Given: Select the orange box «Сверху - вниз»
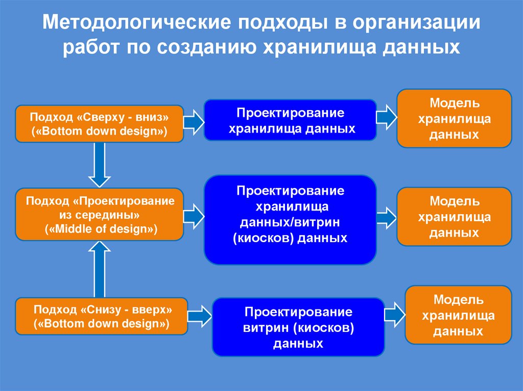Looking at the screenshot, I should [99, 123].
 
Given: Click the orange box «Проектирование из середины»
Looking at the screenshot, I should [99, 214].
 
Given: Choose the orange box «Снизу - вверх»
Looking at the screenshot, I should [102, 316].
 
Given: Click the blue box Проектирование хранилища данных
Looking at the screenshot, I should [290, 120].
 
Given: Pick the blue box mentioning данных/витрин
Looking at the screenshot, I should [290, 220].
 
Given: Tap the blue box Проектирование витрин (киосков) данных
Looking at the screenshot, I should [298, 327].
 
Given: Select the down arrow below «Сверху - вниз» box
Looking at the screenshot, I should [99, 164].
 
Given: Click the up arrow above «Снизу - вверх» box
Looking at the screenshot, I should [99, 269].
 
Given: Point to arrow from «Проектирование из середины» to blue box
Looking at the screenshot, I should [194, 217].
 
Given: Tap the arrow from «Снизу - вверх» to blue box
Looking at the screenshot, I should [200, 316].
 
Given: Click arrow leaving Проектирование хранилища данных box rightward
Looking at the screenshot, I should [387, 117].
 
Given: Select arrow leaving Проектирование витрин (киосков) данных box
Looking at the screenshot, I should [395, 313].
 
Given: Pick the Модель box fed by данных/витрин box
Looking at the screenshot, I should [455, 217].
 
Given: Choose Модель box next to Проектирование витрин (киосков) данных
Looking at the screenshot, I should [458, 315].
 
